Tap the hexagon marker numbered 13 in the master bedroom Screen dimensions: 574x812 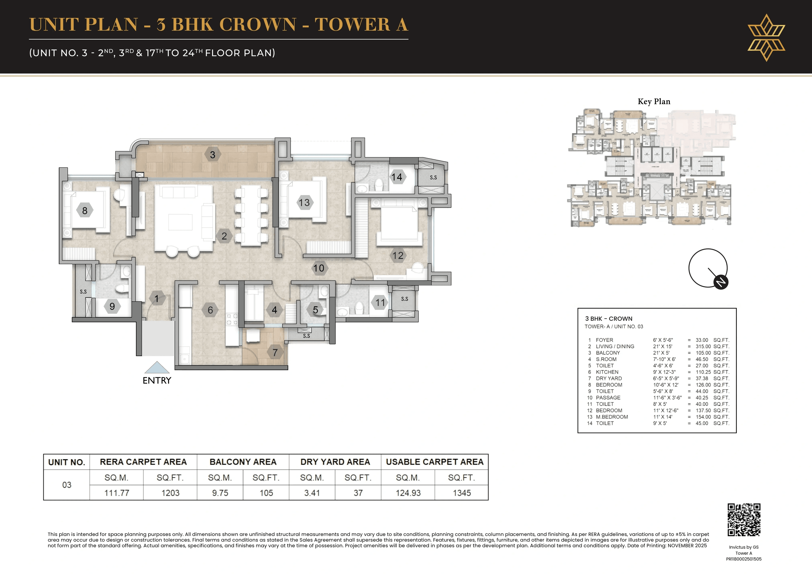304,202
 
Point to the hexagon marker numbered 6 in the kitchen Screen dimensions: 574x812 210,310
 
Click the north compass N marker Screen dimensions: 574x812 721,282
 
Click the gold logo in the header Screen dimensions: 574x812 766,37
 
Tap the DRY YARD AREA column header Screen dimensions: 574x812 335,462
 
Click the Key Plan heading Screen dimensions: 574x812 654,102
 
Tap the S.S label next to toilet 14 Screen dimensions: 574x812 433,177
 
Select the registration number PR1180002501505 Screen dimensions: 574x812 744,559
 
